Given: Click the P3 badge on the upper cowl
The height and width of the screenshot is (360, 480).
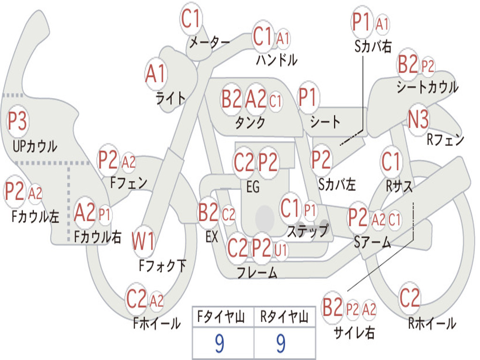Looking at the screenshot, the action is [x=17, y=121].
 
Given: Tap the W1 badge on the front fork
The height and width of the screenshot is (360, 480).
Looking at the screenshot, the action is [x=143, y=241].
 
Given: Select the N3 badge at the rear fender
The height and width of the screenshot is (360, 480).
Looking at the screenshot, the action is [x=419, y=120].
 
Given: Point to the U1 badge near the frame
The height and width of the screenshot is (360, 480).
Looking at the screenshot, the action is [x=281, y=251].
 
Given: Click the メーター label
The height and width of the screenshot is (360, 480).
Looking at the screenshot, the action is [x=210, y=42].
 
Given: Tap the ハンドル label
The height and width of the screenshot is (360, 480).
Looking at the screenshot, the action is [x=277, y=60].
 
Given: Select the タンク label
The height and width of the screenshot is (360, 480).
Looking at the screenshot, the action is [x=250, y=122].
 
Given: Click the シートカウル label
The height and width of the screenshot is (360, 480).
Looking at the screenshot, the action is [x=427, y=87].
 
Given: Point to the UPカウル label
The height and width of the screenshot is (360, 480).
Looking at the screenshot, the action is [x=35, y=146].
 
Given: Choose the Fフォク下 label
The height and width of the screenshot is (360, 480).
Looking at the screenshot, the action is [x=162, y=266].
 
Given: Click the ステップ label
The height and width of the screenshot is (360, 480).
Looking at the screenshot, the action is [x=307, y=231].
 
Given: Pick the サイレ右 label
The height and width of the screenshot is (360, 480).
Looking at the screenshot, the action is [x=354, y=332].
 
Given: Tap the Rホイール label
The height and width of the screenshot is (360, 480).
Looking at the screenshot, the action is [x=432, y=323].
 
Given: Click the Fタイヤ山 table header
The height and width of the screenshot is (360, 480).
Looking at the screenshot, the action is [x=221, y=316].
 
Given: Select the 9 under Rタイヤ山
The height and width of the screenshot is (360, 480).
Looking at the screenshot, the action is [x=281, y=343].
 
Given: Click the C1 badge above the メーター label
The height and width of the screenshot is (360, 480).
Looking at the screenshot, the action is [x=191, y=19].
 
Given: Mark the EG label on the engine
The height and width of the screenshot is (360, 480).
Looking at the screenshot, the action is [x=253, y=187].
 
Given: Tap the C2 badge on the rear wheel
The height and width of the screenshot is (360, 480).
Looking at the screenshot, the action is [x=409, y=298].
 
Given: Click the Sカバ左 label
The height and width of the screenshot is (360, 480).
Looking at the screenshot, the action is [x=337, y=184].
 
